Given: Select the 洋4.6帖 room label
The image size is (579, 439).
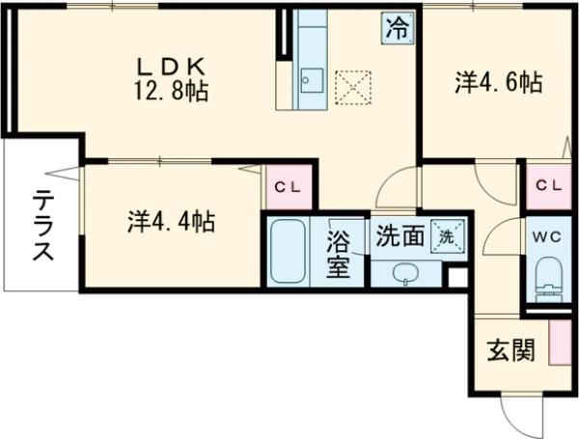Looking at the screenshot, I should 497,84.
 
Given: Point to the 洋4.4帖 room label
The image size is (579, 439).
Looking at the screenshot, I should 170,222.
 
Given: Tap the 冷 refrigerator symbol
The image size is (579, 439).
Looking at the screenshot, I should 397,26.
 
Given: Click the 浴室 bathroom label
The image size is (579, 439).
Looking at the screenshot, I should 338,252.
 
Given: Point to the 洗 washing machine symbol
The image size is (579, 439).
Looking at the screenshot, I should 447,233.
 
